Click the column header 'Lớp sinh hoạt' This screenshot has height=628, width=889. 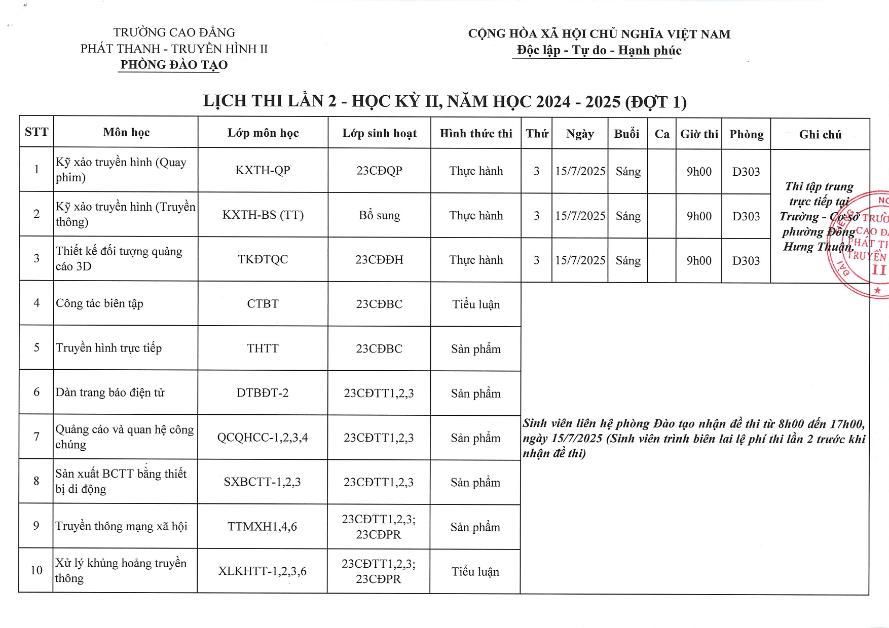(x=379, y=133)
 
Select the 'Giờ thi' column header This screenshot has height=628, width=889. (x=699, y=134)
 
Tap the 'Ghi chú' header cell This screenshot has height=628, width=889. (x=820, y=135)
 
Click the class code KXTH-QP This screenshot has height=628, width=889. (x=263, y=170)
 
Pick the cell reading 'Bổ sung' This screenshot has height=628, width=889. (x=379, y=215)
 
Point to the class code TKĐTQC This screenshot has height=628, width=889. (x=263, y=259)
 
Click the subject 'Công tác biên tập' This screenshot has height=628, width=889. (x=99, y=303)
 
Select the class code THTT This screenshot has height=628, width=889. (x=263, y=348)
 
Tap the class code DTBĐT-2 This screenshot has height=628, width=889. (x=263, y=393)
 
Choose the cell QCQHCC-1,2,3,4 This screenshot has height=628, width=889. (x=263, y=438)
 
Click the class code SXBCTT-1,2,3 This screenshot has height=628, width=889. (x=262, y=482)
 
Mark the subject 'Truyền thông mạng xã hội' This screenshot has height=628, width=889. (x=121, y=526)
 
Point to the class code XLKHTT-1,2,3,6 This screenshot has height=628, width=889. (x=262, y=571)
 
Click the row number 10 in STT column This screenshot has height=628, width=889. (x=36, y=570)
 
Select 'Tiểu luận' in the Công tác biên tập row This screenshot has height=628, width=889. (x=476, y=304)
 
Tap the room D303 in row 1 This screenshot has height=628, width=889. (x=746, y=172)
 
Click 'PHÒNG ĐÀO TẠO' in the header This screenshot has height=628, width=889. (x=174, y=65)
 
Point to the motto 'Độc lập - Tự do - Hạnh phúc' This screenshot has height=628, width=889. (x=599, y=51)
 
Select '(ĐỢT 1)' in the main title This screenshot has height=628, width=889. (x=656, y=102)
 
